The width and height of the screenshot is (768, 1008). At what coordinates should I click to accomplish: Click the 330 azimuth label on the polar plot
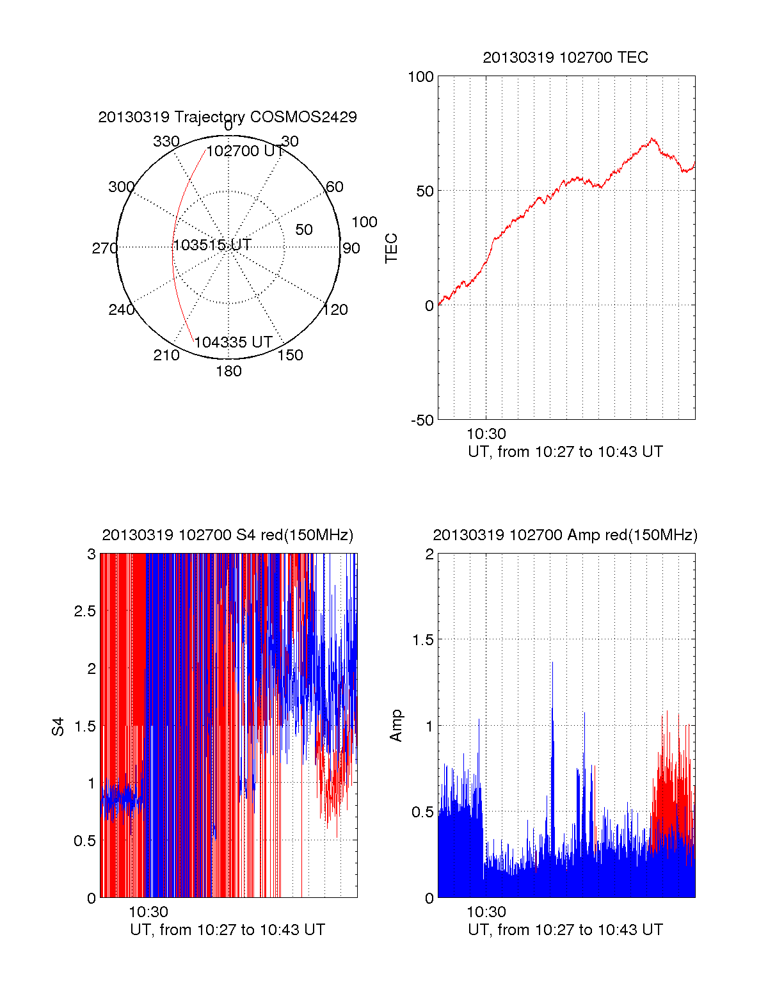pos(166,141)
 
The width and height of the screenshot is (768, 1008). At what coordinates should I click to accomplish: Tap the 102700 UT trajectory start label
pos(245,151)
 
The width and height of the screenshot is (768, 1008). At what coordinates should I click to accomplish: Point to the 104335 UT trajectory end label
pos(234,342)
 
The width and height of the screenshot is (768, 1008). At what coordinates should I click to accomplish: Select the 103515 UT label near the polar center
pos(212,244)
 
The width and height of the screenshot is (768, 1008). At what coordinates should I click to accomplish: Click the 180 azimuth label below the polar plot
pos(228,371)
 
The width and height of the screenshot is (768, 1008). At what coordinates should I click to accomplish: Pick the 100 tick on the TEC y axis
pos(420,77)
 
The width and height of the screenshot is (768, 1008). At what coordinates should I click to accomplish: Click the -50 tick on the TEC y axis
pos(422,420)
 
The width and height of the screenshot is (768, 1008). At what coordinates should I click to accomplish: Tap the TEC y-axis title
pos(391,248)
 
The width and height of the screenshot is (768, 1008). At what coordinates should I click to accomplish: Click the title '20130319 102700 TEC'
pos(565,58)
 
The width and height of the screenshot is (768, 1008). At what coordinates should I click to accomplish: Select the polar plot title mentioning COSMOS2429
pos(227,117)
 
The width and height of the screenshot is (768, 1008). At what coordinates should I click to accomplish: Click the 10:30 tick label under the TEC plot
pos(486,435)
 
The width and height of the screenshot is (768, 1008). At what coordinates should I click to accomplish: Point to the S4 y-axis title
pos(58,726)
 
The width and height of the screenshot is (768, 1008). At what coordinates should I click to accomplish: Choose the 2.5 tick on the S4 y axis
pos(84,611)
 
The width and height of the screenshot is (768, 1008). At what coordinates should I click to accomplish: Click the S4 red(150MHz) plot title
pos(227,535)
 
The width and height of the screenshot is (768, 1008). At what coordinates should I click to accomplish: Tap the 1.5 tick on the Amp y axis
pos(420,639)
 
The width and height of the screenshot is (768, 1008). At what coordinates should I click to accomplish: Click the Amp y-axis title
pos(396,726)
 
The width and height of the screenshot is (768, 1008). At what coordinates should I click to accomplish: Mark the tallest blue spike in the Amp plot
pos(552,664)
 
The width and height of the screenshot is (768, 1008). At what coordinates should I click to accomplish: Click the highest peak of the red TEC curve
pos(652,138)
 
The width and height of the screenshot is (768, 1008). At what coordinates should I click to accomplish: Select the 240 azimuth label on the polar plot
pos(121,310)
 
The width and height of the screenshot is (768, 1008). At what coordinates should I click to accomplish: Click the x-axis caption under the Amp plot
pos(565,930)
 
